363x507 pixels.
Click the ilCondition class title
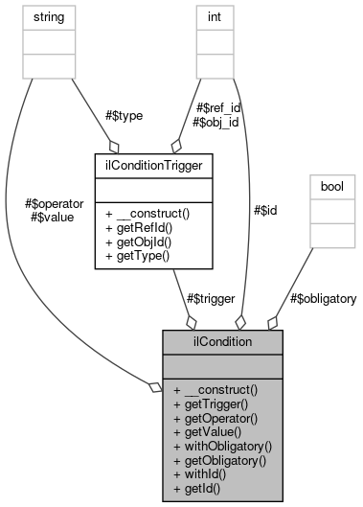click(222, 342)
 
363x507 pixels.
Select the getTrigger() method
click(214, 405)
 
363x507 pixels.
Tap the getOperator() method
click(217, 419)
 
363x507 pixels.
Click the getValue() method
click(211, 432)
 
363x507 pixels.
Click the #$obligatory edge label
click(324, 299)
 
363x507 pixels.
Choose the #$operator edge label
click(57, 203)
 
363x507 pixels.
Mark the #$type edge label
click(124, 115)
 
